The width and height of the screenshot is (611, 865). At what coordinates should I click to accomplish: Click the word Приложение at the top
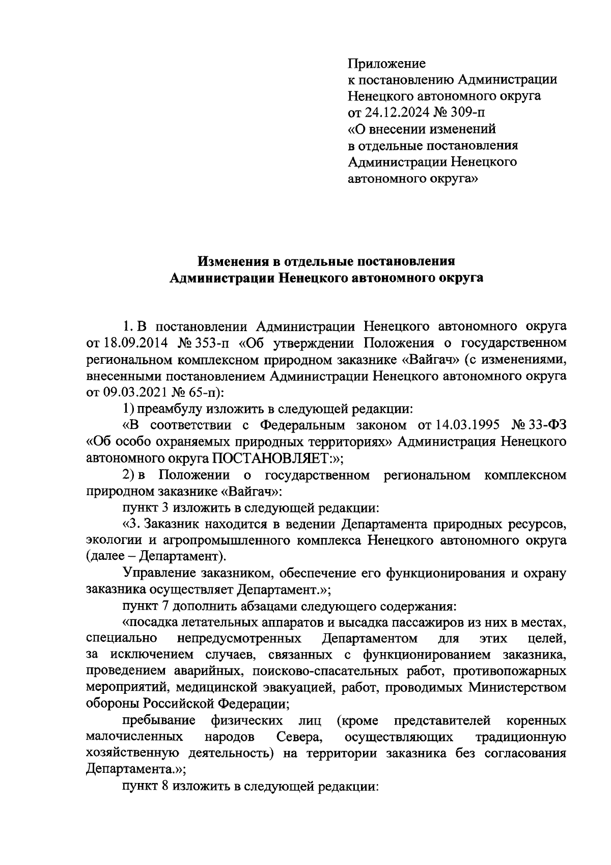[x=386, y=64]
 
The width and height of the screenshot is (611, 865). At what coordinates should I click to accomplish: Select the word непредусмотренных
[x=239, y=639]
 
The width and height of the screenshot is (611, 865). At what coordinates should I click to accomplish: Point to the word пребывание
[x=159, y=721]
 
